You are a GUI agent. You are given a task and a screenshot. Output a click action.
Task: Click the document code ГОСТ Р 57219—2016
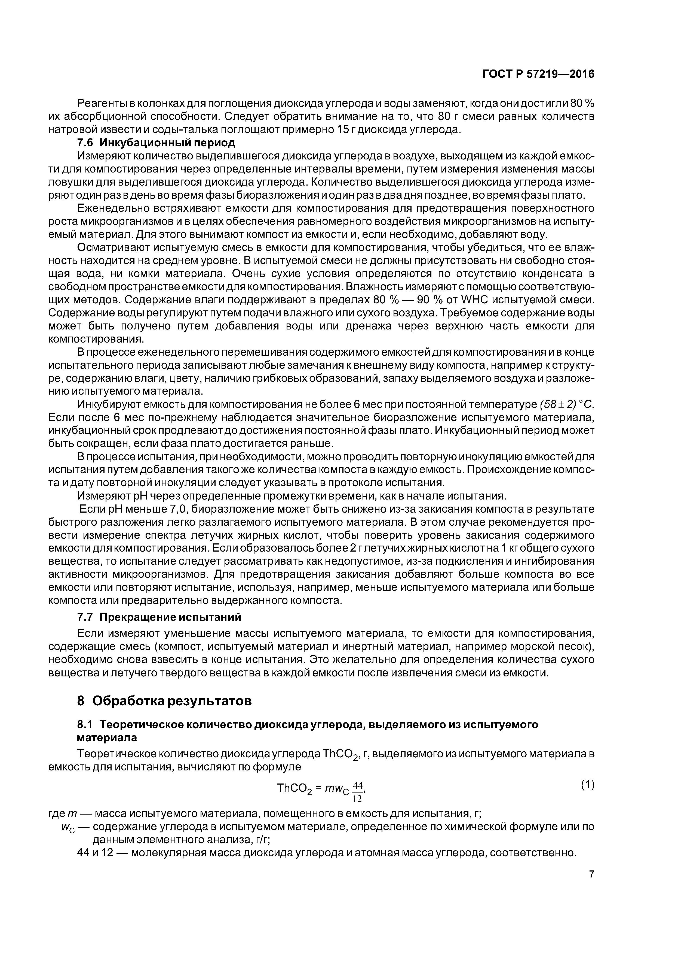(538, 74)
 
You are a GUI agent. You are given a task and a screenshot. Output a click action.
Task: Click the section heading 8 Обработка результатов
(164, 701)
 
